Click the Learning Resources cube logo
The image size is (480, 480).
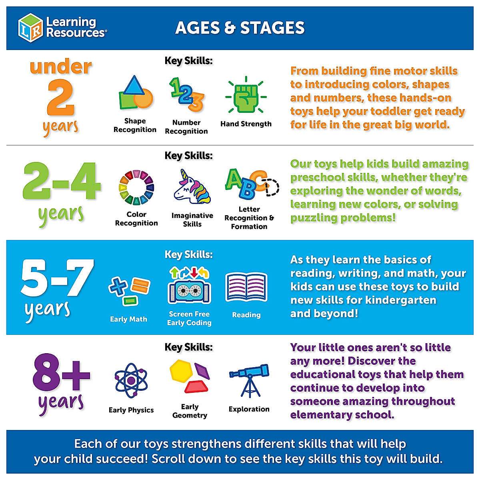click(x=30, y=27)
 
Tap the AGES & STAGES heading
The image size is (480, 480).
click(x=240, y=28)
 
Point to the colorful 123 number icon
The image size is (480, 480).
click(x=186, y=95)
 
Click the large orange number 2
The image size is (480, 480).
click(x=61, y=98)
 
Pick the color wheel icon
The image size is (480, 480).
click(x=136, y=188)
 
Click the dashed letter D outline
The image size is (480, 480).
click(x=272, y=187)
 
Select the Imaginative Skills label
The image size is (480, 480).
click(x=192, y=220)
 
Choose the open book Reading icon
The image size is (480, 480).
click(x=246, y=287)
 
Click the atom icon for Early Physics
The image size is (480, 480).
click(x=131, y=380)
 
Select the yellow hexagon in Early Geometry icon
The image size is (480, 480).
click(x=181, y=370)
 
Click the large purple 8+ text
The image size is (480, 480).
click(x=61, y=372)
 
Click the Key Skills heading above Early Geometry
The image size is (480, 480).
click(x=189, y=347)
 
